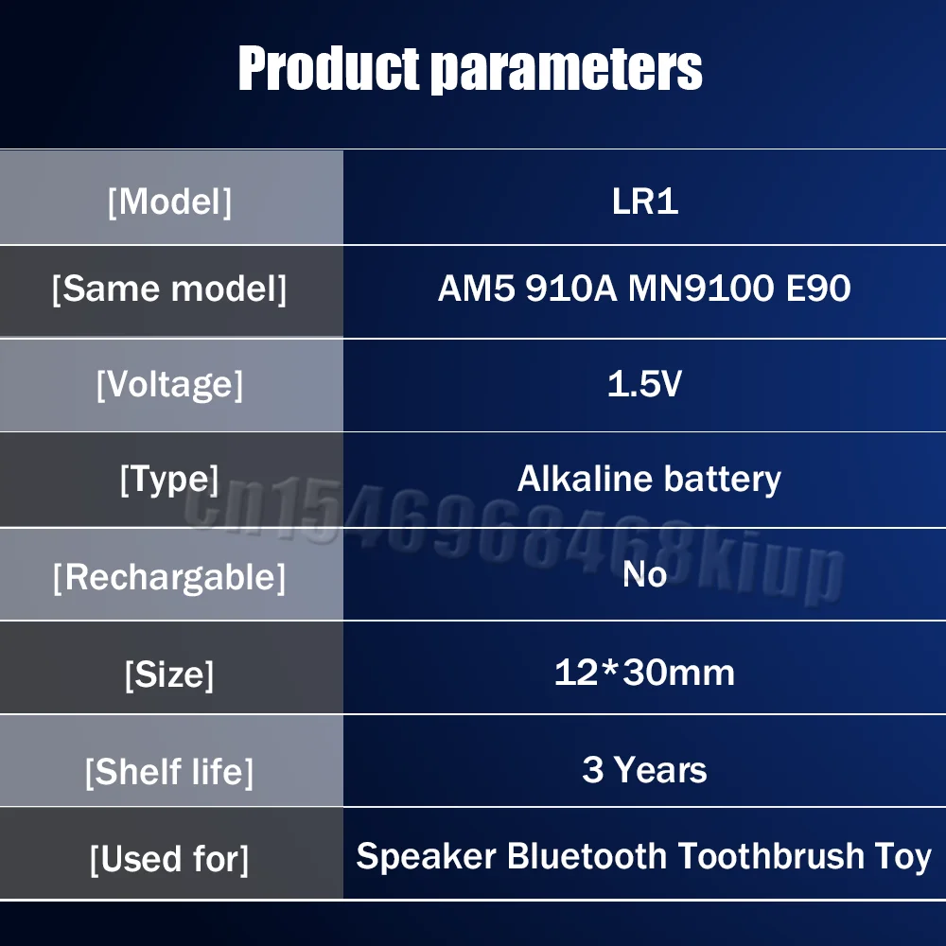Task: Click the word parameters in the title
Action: [568, 70]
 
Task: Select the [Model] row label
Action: [169, 201]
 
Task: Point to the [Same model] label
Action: [169, 289]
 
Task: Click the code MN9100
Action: [701, 288]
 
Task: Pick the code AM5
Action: [477, 288]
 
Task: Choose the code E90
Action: [818, 288]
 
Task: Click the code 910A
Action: [571, 288]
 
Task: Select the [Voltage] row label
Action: [169, 384]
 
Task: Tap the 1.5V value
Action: [644, 383]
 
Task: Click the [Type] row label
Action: [169, 480]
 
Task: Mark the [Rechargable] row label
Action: [169, 577]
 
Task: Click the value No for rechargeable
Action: [644, 574]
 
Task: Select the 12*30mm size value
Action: [644, 672]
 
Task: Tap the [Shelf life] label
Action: [169, 772]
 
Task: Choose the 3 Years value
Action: [644, 770]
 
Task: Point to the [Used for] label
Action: [169, 859]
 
